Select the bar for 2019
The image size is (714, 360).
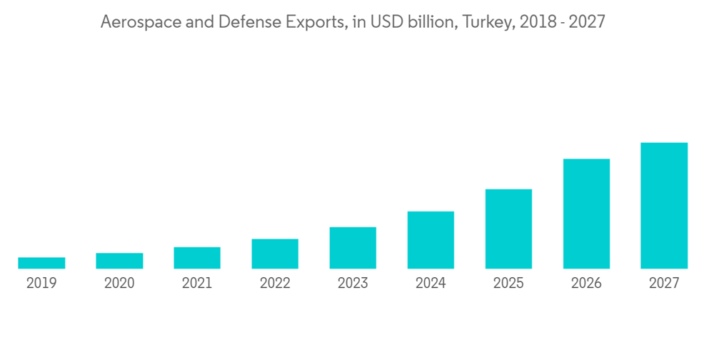click(41, 263)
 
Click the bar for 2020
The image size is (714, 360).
click(119, 261)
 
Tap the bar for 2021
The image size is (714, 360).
click(197, 258)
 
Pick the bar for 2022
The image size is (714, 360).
click(275, 254)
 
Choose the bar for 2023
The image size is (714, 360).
click(353, 248)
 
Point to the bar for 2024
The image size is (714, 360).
click(431, 240)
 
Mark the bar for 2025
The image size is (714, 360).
click(508, 229)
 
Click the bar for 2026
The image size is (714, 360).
click(586, 214)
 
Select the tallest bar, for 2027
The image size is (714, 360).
click(664, 206)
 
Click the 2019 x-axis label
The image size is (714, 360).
click(41, 284)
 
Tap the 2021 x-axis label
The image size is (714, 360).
click(197, 284)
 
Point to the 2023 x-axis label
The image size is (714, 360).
click(353, 284)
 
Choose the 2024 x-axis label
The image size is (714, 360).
click(431, 284)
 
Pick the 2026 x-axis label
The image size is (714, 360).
click(586, 284)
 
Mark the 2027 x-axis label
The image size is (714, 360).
click(664, 284)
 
